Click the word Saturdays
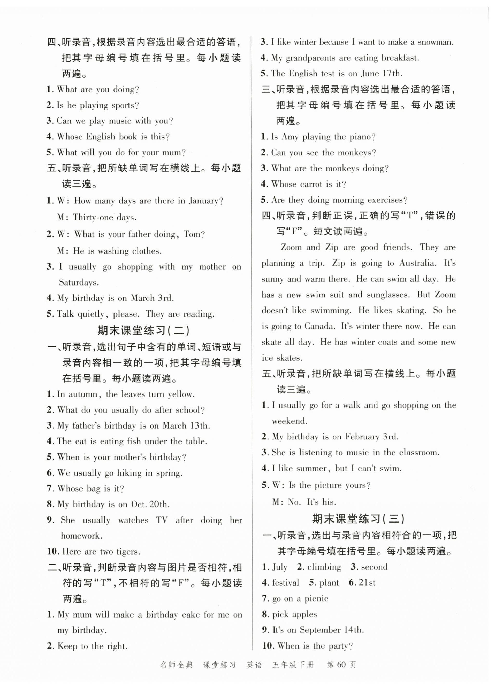[x=79, y=282]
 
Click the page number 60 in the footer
[x=341, y=665]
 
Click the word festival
[x=285, y=583]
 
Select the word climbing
[x=324, y=567]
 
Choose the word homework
[x=81, y=536]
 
